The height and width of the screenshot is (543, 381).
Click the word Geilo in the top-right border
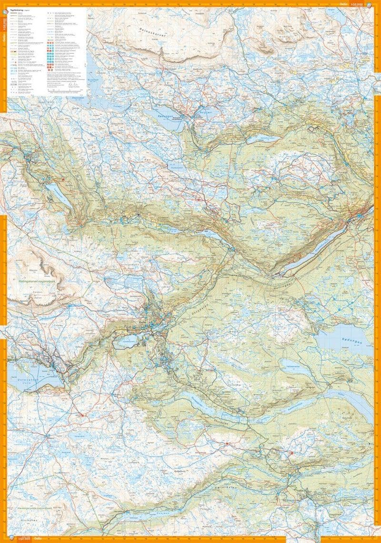click(x=343, y=4)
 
